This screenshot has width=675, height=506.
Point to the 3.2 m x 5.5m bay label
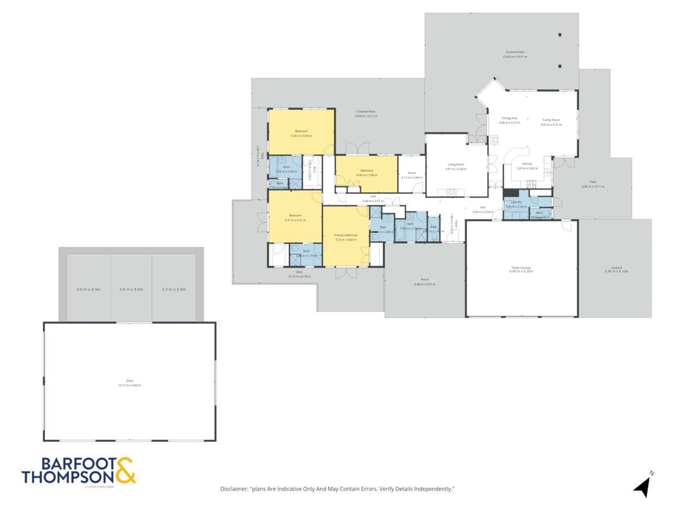(x=174, y=289)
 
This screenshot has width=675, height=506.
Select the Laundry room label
(x=516, y=202)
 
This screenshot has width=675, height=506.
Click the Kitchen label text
(x=526, y=164)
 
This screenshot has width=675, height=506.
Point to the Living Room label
(x=454, y=164)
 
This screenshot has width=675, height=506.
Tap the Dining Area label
(x=509, y=118)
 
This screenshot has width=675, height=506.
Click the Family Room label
(x=551, y=120)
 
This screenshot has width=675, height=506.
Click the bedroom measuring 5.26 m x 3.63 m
(x=301, y=132)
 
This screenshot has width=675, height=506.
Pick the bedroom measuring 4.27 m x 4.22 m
(x=295, y=215)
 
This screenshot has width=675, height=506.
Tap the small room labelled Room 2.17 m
(x=412, y=173)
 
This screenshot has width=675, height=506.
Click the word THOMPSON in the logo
(x=68, y=477)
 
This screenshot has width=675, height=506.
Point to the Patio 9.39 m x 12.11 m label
(x=593, y=182)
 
